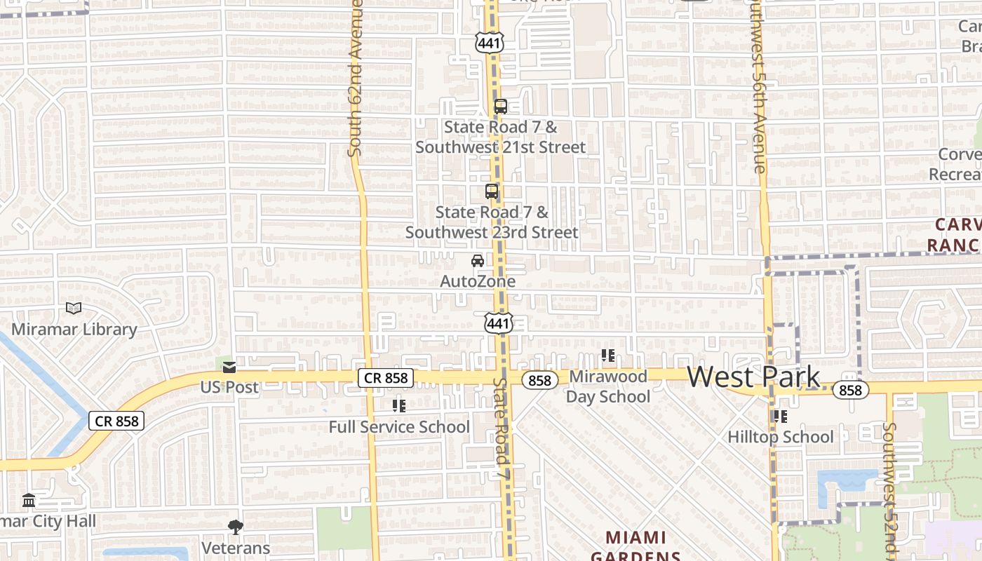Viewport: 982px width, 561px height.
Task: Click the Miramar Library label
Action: pos(74,329)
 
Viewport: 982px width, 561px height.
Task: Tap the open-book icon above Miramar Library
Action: pos(74,308)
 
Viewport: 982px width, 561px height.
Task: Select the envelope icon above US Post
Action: pos(229,367)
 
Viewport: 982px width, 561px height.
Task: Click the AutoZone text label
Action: pos(478,281)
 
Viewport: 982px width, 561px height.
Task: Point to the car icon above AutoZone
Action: pos(478,261)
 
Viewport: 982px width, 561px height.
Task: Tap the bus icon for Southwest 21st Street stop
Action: pos(501,107)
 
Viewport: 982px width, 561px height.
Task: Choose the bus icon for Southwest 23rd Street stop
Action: pos(492,191)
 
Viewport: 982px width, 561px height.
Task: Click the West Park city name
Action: pos(753,377)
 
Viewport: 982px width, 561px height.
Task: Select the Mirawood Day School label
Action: pos(608,386)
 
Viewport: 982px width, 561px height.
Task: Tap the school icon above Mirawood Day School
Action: pos(608,356)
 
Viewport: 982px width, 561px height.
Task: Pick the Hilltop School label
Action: pos(781,437)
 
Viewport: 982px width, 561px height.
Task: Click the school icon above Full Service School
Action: pos(399,405)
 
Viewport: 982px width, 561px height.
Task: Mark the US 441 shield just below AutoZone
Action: pos(498,323)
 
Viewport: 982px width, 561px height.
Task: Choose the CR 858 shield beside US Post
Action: pos(386,378)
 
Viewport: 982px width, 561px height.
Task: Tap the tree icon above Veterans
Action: pos(236,527)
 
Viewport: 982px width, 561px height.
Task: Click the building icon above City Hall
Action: pos(29,501)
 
